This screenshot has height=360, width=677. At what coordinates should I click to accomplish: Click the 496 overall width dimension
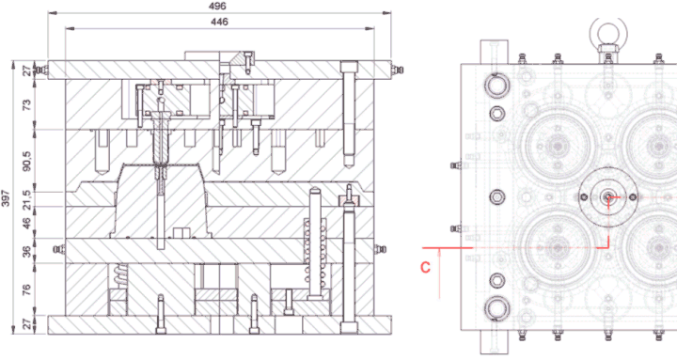pyautogui.click(x=217, y=6)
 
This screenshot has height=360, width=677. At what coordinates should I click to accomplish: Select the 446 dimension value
pyautogui.click(x=219, y=22)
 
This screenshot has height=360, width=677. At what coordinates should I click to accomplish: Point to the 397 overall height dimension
pyautogui.click(x=6, y=198)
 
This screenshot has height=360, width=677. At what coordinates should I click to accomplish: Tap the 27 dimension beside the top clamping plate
pyautogui.click(x=26, y=70)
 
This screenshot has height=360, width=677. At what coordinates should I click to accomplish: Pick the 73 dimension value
pyautogui.click(x=26, y=104)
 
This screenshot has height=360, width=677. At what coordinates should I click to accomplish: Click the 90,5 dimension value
pyautogui.click(x=26, y=161)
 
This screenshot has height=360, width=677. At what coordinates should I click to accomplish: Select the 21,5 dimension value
pyautogui.click(x=26, y=199)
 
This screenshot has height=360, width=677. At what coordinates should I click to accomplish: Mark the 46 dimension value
pyautogui.click(x=26, y=223)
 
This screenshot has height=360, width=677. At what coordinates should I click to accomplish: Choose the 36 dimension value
pyautogui.click(x=26, y=251)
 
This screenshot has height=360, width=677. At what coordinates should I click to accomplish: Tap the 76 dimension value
pyautogui.click(x=26, y=290)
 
